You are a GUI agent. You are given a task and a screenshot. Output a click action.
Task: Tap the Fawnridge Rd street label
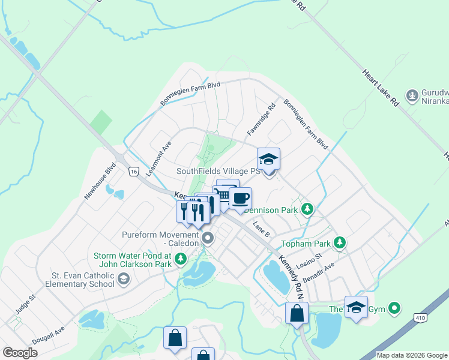point(261,119)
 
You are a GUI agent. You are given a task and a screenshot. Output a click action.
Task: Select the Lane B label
point(261,229)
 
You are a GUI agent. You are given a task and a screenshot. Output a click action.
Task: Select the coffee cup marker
point(240,198)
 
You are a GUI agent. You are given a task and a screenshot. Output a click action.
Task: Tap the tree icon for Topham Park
point(340,242)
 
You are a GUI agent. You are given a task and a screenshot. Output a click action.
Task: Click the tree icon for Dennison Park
point(308,209)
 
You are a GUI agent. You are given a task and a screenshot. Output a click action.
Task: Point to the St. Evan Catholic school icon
point(123,278)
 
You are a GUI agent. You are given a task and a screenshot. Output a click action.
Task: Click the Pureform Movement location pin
point(208,239)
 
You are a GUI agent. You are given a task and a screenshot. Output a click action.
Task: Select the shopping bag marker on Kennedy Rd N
point(297,313)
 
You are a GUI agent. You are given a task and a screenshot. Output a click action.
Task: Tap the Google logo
point(19,353)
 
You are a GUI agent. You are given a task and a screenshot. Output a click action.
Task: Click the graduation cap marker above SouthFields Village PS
point(268,159)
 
